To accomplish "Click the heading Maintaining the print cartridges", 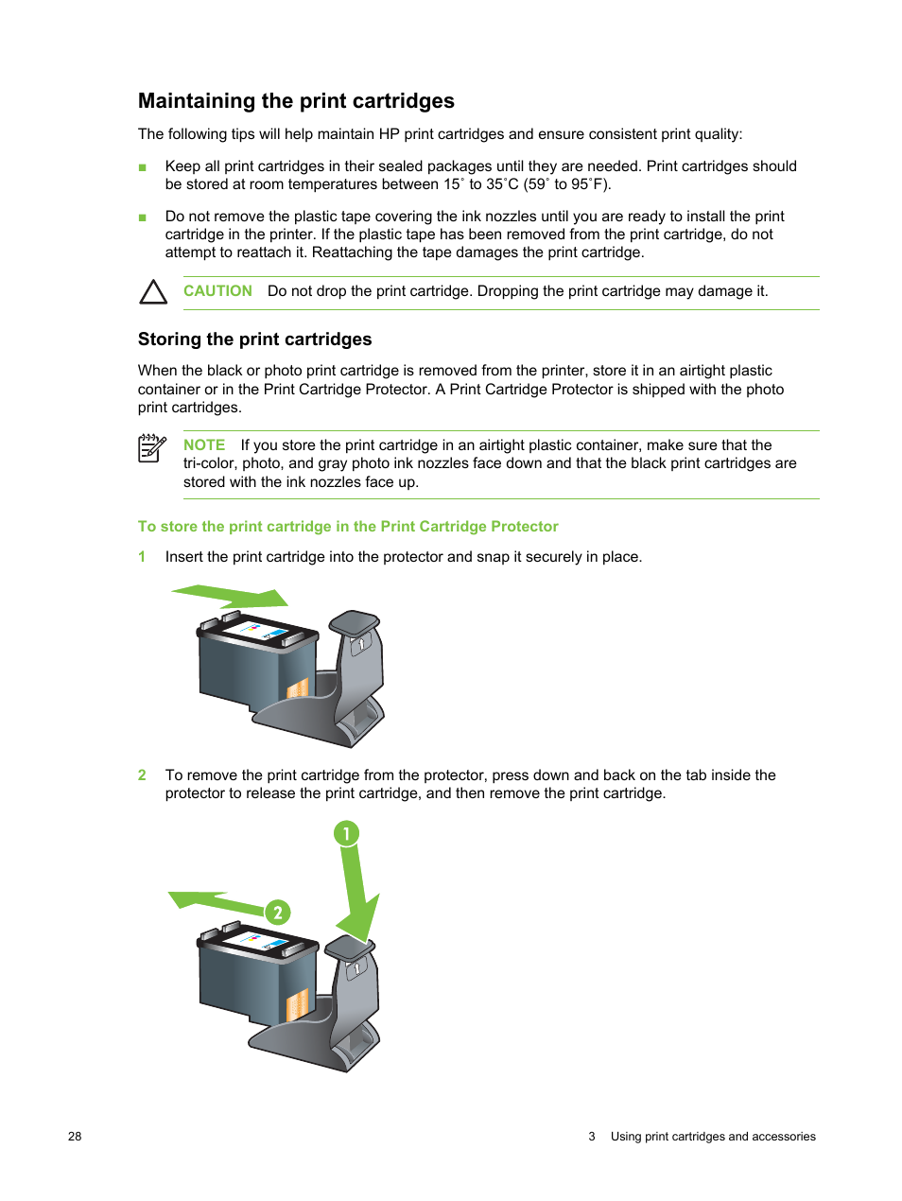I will pyautogui.click(x=296, y=101).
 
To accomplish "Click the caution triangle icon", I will pyautogui.click(x=153, y=292).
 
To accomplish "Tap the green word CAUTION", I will pyautogui.click(x=217, y=291).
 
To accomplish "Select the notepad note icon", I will pyautogui.click(x=151, y=448).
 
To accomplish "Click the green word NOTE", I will pyautogui.click(x=204, y=445).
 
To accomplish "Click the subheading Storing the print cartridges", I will pyautogui.click(x=254, y=339).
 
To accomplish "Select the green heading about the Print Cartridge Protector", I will pyautogui.click(x=348, y=527).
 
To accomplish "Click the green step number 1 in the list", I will pyautogui.click(x=142, y=557).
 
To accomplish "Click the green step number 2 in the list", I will pyautogui.click(x=142, y=775).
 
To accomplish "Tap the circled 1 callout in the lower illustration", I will pyautogui.click(x=346, y=833).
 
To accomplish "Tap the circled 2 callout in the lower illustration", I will pyautogui.click(x=277, y=913).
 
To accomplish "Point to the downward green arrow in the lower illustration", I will pyautogui.click(x=356, y=898).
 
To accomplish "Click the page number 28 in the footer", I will pyautogui.click(x=75, y=1137).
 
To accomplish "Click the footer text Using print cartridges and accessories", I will pyautogui.click(x=713, y=1137).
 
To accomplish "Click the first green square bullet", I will pyautogui.click(x=143, y=167).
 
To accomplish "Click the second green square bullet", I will pyautogui.click(x=143, y=218).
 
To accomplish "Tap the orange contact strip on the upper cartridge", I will pyautogui.click(x=297, y=688).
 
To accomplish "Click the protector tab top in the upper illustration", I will pyautogui.click(x=354, y=621).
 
